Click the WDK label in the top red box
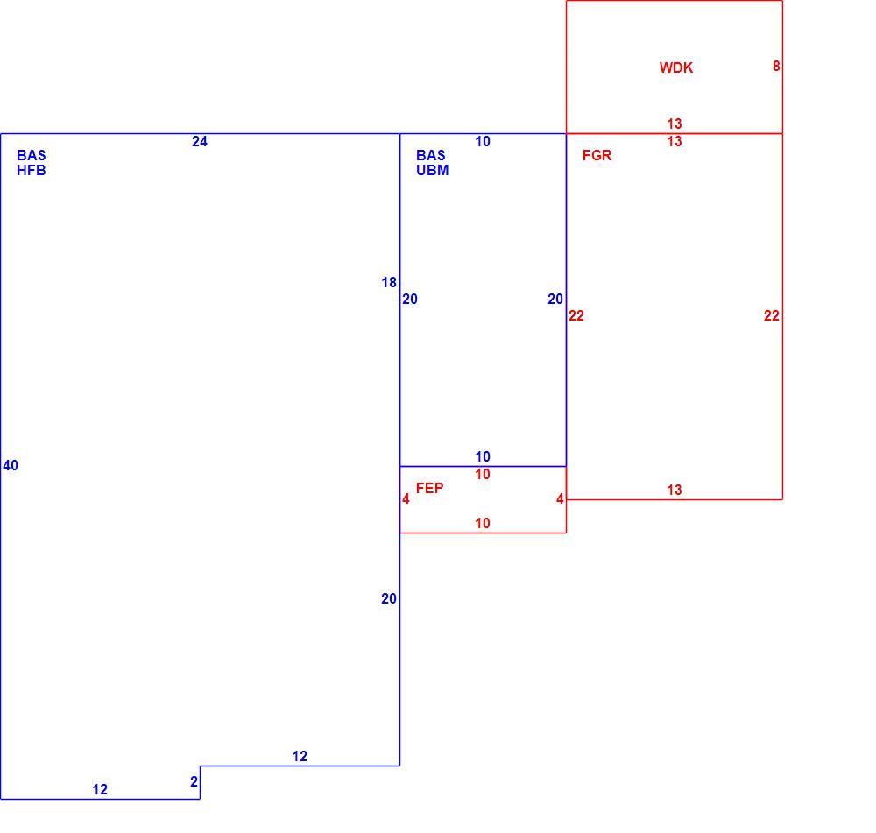click(676, 67)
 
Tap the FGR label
click(597, 155)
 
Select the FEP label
click(429, 488)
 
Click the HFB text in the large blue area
click(32, 171)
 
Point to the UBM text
click(433, 171)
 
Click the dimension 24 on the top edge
click(200, 142)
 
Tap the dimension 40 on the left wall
click(11, 465)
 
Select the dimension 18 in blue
click(389, 283)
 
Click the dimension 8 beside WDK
click(776, 66)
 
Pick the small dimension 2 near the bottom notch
click(194, 781)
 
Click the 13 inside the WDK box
click(675, 124)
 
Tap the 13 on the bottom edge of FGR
click(675, 490)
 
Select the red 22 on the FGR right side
click(772, 315)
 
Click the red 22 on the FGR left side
click(576, 315)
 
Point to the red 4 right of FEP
click(560, 499)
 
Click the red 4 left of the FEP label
click(406, 499)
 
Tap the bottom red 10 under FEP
click(483, 524)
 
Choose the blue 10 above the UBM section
click(483, 142)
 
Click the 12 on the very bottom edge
click(100, 789)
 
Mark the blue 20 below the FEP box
click(389, 599)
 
